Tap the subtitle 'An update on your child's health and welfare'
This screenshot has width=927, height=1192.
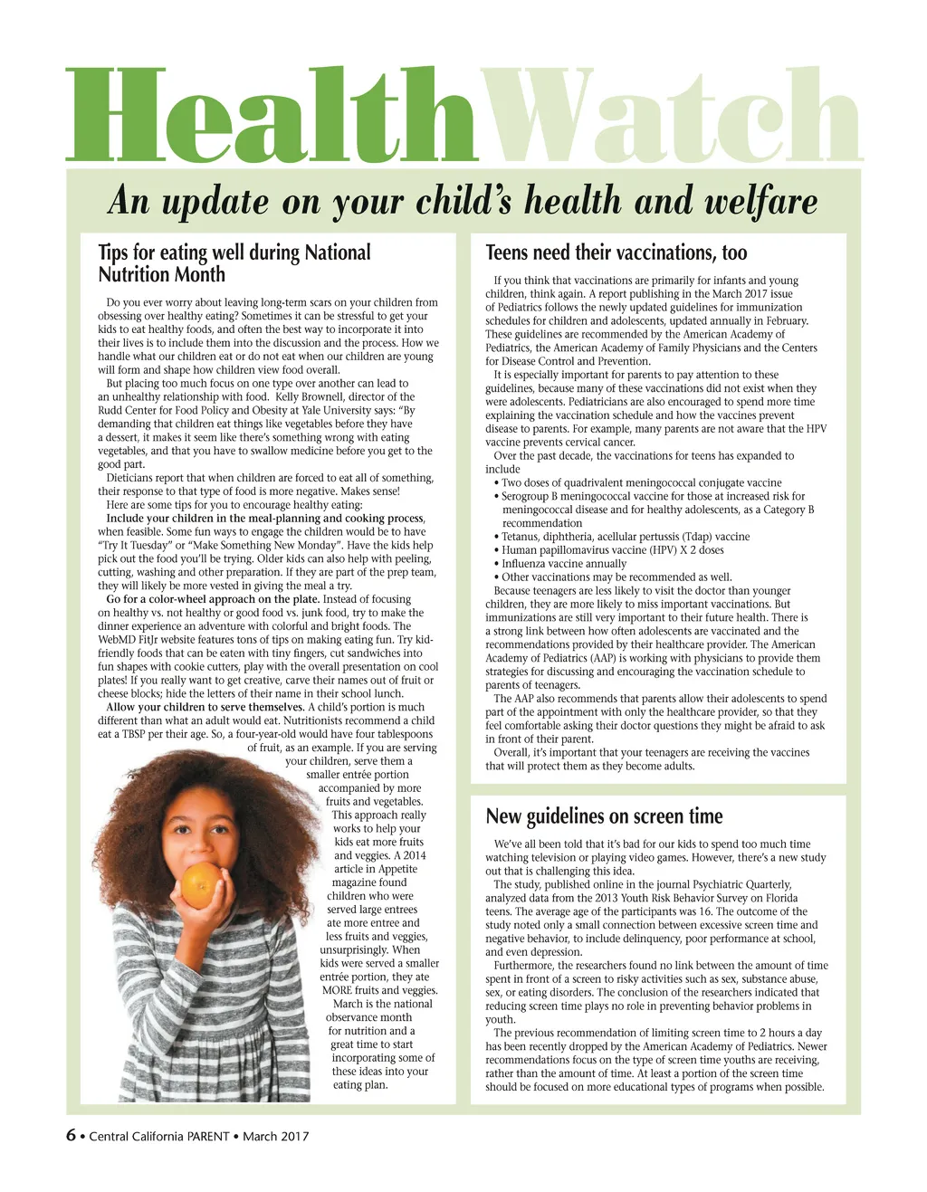tap(463, 200)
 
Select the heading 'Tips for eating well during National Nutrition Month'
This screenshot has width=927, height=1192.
tap(234, 263)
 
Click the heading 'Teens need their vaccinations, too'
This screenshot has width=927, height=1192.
tap(616, 253)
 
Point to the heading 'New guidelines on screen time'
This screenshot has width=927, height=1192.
tap(604, 816)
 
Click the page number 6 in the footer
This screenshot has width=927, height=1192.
tap(71, 1136)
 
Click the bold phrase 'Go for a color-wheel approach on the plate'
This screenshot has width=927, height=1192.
tap(213, 599)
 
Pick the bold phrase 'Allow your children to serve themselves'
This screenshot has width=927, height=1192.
tap(205, 708)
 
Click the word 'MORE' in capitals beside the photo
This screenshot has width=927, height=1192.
tap(337, 990)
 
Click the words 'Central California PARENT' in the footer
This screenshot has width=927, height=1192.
tap(159, 1137)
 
